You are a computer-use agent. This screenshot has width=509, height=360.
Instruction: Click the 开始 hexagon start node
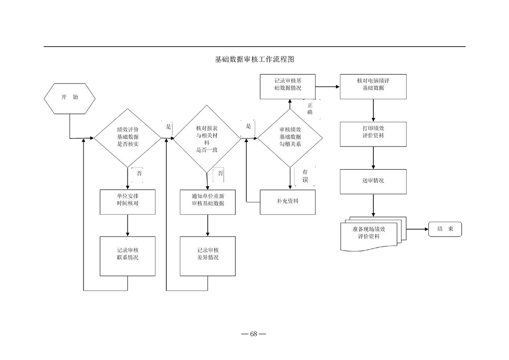69,97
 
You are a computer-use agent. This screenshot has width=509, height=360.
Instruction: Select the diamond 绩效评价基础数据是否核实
127,137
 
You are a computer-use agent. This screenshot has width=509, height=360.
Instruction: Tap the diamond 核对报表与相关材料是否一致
207,137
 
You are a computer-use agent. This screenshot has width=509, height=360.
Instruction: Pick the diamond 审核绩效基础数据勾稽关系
290,137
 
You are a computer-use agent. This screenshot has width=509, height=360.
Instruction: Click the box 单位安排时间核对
127,201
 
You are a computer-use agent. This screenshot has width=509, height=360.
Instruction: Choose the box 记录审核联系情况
127,255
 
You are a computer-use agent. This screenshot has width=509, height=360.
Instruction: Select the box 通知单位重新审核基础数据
207,201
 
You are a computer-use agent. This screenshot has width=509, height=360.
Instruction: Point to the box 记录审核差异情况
207,255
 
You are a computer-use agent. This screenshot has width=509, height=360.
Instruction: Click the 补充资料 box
288,202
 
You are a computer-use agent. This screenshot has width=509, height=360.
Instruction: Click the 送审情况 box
373,181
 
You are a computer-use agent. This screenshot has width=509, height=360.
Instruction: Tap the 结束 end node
445,229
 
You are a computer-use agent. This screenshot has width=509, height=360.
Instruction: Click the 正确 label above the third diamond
310,108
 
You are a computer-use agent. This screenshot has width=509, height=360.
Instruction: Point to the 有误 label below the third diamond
305,176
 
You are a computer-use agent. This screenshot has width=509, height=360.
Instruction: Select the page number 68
253,334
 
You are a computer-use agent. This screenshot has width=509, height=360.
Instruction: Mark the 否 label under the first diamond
139,173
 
